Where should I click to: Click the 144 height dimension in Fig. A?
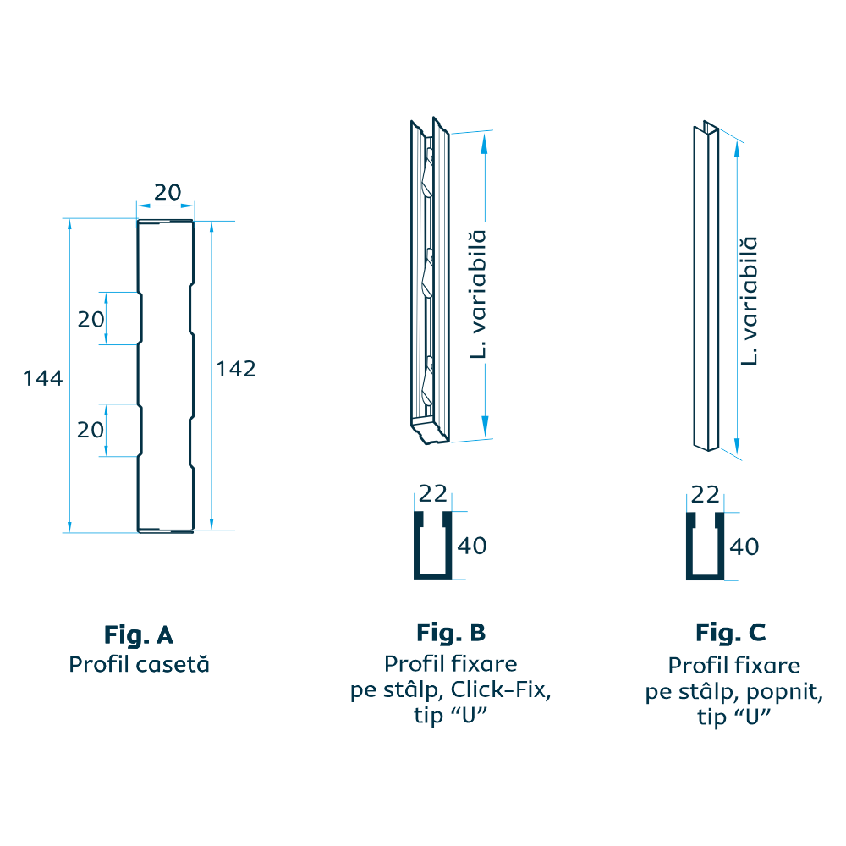pos(43,378)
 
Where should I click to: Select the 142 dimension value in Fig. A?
pos(236,369)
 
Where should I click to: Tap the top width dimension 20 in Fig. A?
pos(168,193)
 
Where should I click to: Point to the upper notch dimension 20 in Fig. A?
pos(91,319)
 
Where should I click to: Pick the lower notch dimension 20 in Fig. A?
pos(91,430)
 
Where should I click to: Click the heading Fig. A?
pos(139,634)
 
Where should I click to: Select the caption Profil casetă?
pos(139,665)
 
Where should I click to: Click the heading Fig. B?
pos(451,633)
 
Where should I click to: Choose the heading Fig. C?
pos(731,633)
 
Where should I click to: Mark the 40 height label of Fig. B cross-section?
pos(472,547)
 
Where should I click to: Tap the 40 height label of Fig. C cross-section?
pos(744,547)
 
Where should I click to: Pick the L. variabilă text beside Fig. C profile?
pos(749,300)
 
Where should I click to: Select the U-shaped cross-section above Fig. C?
pos(705,547)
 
